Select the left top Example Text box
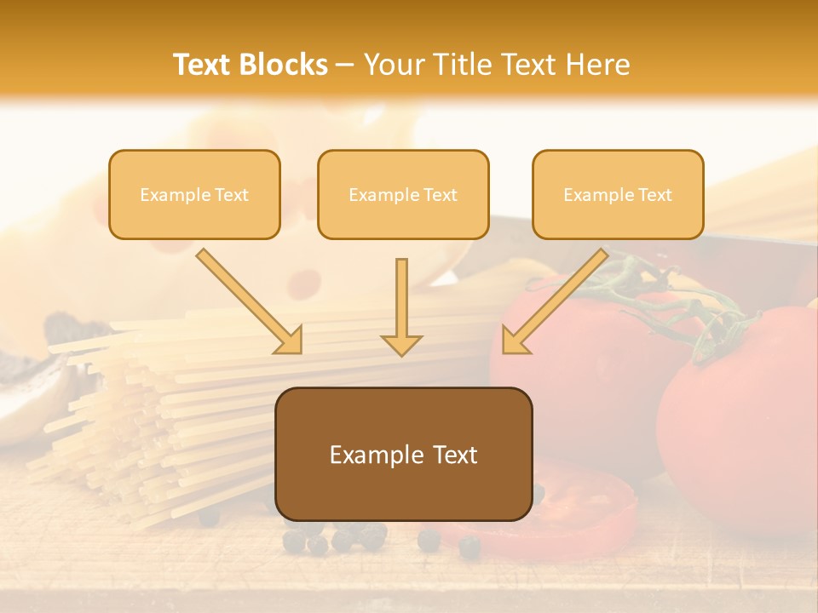(194, 194)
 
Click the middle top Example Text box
(403, 194)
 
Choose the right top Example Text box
(618, 194)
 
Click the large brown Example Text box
(403, 454)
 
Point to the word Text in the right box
(654, 195)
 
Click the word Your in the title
(391, 65)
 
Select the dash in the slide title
(345, 66)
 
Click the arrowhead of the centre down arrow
(401, 344)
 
